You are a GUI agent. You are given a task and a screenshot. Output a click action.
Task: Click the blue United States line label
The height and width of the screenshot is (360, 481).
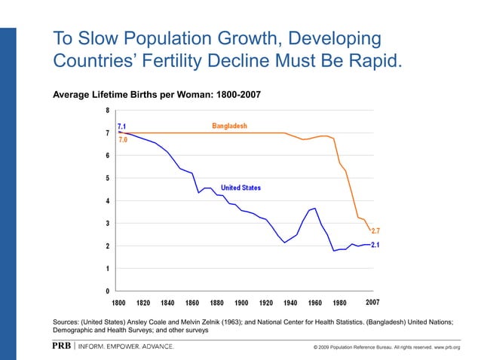(240, 188)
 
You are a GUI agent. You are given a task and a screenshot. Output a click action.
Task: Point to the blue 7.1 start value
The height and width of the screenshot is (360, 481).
(121, 126)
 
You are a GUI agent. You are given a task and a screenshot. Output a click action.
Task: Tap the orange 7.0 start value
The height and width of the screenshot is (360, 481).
(122, 139)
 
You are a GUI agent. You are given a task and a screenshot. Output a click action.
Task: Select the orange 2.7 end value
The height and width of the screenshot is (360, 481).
(375, 231)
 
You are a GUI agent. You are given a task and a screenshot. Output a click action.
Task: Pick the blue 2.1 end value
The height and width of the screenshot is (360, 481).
(375, 245)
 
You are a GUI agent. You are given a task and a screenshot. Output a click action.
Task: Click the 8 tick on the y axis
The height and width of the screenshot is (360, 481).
(106, 110)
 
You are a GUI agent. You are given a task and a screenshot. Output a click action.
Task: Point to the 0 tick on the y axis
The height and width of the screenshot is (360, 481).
(106, 291)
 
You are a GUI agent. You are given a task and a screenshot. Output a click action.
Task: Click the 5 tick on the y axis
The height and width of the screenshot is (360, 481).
(106, 178)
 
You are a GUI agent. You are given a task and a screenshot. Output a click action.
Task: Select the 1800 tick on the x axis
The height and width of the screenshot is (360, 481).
(119, 303)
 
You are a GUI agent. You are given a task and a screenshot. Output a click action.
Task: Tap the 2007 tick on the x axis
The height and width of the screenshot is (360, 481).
(372, 303)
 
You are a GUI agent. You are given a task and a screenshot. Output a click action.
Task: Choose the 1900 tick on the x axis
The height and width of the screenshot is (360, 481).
(241, 303)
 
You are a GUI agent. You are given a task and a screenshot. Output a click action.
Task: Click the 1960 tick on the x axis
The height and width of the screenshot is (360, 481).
(315, 303)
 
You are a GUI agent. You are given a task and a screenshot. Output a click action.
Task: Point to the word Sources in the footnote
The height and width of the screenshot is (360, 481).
(66, 322)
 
